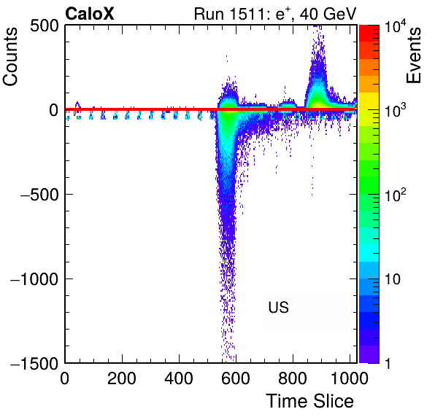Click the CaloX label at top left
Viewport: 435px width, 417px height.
point(90,14)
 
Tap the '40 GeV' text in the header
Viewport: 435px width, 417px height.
point(328,14)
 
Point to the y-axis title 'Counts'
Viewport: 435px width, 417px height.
point(10,57)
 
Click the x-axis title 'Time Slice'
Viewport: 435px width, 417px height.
point(309,401)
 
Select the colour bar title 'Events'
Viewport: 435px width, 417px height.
point(414,55)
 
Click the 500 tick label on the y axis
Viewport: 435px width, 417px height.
point(45,26)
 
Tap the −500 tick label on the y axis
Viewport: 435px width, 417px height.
point(39,195)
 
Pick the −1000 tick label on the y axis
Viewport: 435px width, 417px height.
point(34,279)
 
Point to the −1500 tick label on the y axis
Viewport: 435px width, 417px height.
point(34,363)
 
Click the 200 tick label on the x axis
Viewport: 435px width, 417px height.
point(122,378)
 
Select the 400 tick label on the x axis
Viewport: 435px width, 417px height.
point(179,378)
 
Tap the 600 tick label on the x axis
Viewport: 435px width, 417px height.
point(236,378)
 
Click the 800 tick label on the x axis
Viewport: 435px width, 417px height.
point(293,378)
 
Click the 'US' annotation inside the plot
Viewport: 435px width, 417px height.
point(279,307)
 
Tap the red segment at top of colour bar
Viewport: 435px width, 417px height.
point(369,34)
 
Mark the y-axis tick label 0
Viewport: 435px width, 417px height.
point(54,111)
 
